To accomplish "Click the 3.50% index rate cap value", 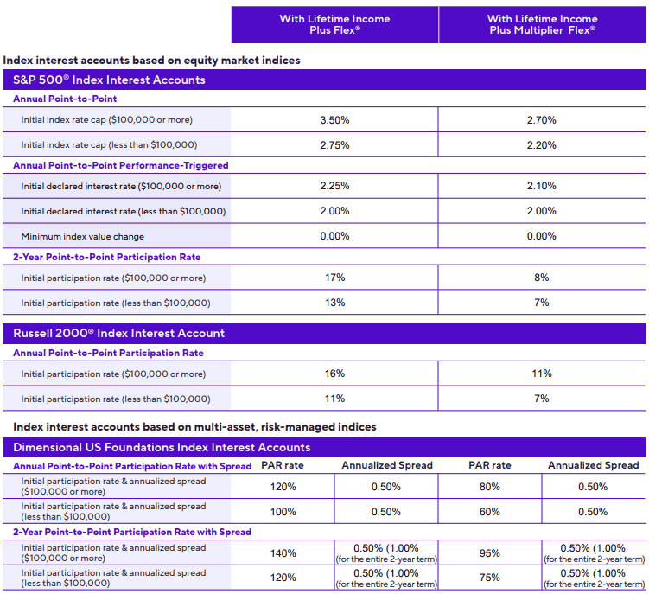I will click(334, 120).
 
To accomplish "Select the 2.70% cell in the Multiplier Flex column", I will click(542, 120).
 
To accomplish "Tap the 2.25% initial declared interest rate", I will click(334, 186).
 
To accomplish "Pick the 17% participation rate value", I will click(334, 278).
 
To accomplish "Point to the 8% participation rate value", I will click(542, 278).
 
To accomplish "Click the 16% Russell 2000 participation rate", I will click(334, 374).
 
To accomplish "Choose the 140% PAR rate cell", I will click(283, 553).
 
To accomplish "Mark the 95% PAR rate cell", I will click(490, 553).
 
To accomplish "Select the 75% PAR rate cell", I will click(490, 578).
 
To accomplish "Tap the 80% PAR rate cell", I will click(490, 487).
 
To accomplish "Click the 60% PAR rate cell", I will click(490, 512).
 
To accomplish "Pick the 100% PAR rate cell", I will click(283, 512).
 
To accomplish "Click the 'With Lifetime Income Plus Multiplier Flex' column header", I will click(542, 24).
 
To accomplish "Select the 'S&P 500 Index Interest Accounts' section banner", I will click(110, 80).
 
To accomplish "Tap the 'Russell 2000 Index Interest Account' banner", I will click(119, 333).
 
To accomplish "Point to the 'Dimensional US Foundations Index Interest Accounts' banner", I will click(162, 447).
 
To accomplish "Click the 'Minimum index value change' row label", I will click(83, 236).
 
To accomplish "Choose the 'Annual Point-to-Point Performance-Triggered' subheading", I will click(120, 165).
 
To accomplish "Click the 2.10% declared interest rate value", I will click(542, 186).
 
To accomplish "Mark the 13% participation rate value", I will click(334, 303).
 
